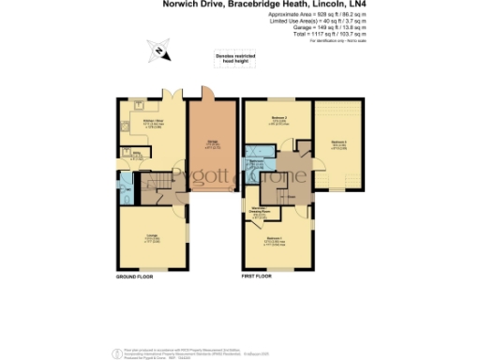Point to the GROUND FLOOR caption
[135, 278]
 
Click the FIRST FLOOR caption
[257, 278]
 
